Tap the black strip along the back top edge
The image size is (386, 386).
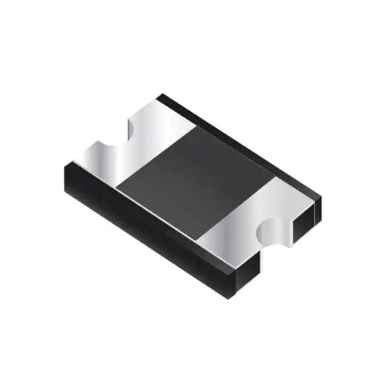241,145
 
